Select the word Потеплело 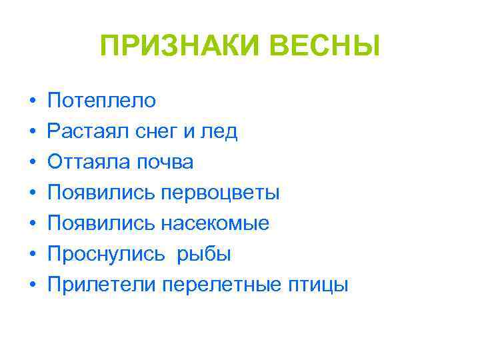(x=102, y=101)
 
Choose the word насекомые (x=215, y=224)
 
